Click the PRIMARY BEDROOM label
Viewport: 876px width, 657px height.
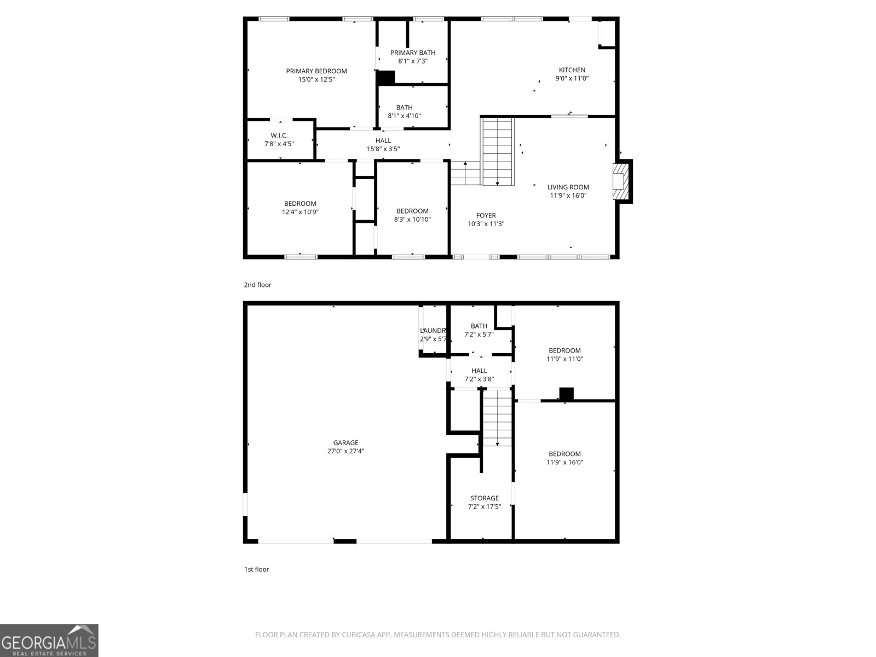[316, 71]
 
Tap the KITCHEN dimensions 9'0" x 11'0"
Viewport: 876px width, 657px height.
[572, 78]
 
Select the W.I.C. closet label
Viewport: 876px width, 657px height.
[279, 136]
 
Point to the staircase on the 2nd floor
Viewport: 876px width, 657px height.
[497, 152]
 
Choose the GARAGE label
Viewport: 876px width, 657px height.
[345, 443]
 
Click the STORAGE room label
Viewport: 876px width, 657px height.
[484, 498]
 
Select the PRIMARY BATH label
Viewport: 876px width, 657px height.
[412, 53]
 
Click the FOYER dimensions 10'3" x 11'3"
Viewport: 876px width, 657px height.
[486, 224]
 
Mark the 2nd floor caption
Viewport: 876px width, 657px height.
[257, 285]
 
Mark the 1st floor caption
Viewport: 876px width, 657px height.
[256, 569]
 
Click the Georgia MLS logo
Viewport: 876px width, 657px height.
[49, 641]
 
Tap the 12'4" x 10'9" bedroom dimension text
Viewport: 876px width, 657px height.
[300, 212]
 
